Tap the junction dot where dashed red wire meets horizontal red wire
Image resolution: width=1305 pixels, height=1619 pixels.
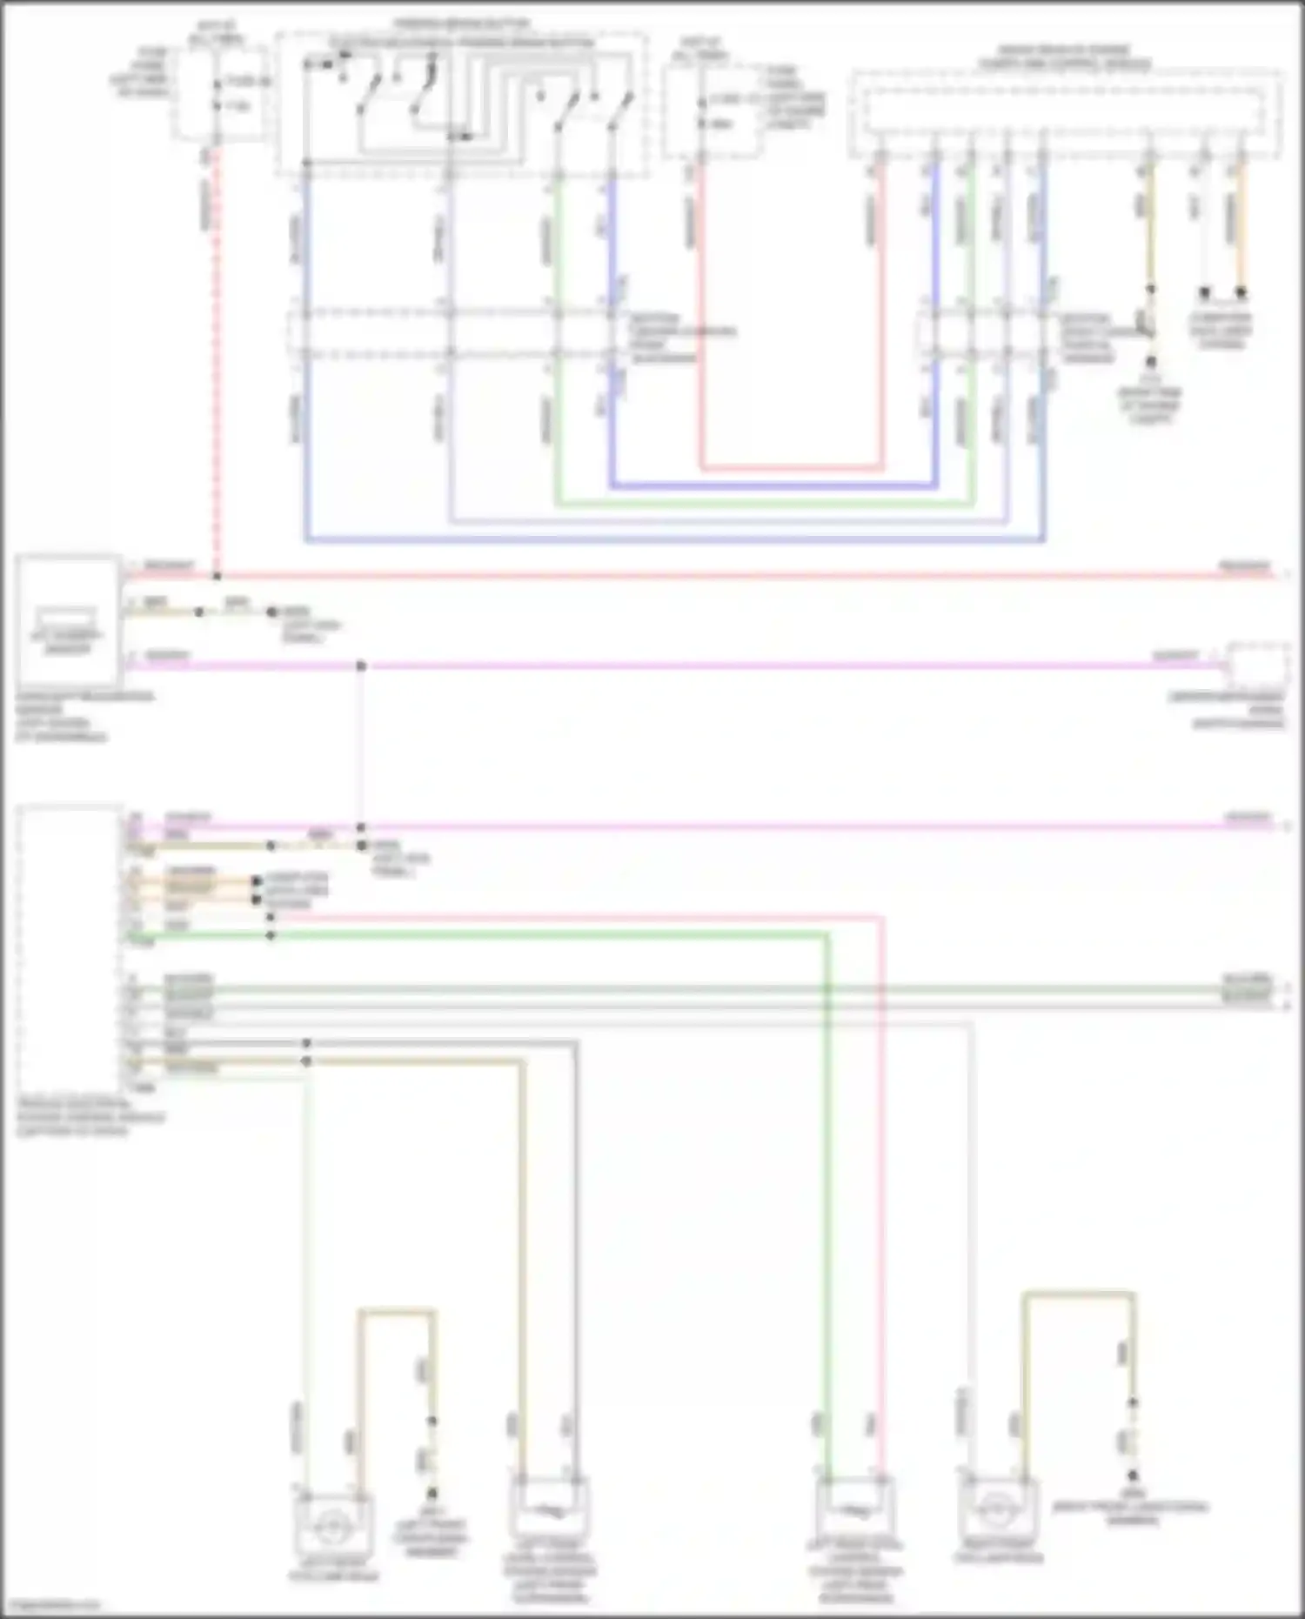pyautogui.click(x=217, y=576)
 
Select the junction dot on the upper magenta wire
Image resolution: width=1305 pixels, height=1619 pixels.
pyautogui.click(x=361, y=666)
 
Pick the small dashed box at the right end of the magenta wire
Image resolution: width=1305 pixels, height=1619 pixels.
pyautogui.click(x=1257, y=666)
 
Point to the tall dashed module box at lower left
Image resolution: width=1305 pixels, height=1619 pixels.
pyautogui.click(x=70, y=948)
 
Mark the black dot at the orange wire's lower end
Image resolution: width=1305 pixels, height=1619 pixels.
pyautogui.click(x=1241, y=292)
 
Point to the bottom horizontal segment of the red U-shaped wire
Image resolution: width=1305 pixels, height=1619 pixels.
pyautogui.click(x=792, y=468)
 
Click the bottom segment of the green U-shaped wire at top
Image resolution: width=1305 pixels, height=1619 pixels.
pyautogui.click(x=766, y=504)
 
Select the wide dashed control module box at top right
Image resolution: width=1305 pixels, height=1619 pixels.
pyautogui.click(x=1066, y=113)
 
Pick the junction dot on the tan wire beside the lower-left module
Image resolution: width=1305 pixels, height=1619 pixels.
pyautogui.click(x=306, y=1061)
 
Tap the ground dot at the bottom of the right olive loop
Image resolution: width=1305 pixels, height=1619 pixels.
pyautogui.click(x=1133, y=1475)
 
